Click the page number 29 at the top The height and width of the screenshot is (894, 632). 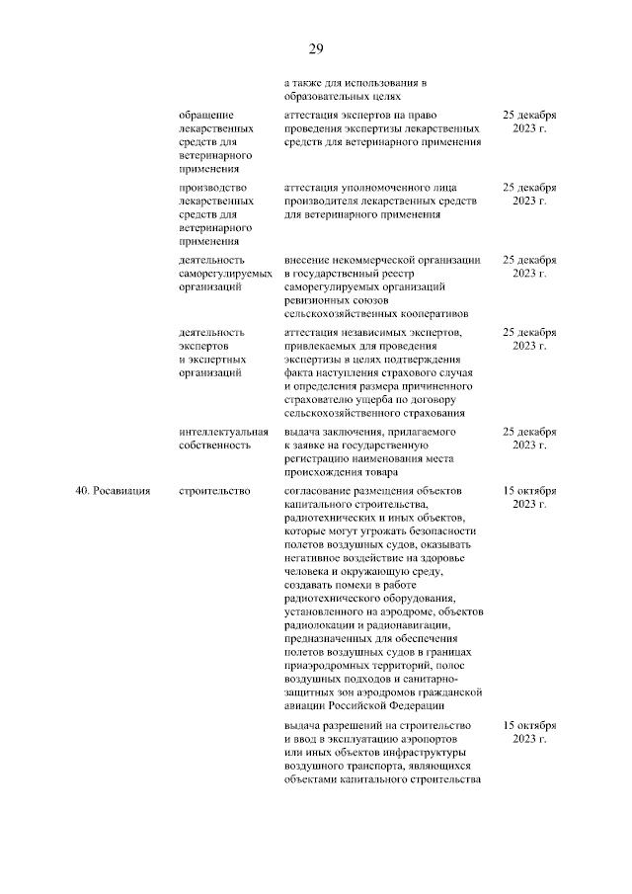click(x=316, y=49)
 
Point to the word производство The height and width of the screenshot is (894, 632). click(x=213, y=188)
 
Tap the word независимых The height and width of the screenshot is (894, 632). click(x=375, y=333)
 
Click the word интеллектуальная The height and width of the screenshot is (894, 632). click(x=224, y=433)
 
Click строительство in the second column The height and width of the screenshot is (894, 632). click(x=214, y=490)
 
